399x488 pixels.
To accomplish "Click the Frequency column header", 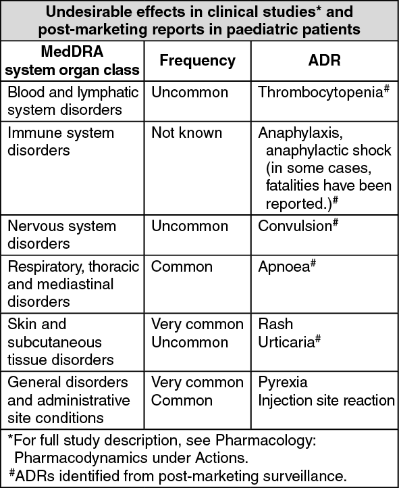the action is coord(197,60).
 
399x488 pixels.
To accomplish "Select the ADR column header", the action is coord(325,60).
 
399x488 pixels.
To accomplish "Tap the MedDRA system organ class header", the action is coord(72,60).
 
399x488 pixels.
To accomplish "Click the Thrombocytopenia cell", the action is coord(323,93).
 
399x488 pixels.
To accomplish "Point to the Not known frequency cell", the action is coord(186,133).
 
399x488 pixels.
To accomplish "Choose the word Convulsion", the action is coord(295,226).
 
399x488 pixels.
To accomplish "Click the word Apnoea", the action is coord(284,267).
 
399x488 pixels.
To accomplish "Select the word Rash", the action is coord(275,324).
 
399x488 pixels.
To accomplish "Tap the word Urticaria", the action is coord(286,343).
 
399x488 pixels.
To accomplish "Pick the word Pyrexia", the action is coord(283,383).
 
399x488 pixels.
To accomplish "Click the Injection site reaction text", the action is coord(326,401).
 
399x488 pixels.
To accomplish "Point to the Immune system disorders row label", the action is coord(61,142).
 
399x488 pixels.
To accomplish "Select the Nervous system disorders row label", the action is coord(61,235).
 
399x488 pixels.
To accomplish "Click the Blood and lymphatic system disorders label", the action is coord(73,101).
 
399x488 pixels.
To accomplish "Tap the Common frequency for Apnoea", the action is coord(182,267).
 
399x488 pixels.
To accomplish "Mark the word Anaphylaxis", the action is coord(300,134).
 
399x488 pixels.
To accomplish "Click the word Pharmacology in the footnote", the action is coord(265,441).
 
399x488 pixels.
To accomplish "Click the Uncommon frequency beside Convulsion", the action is coord(190,226).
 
